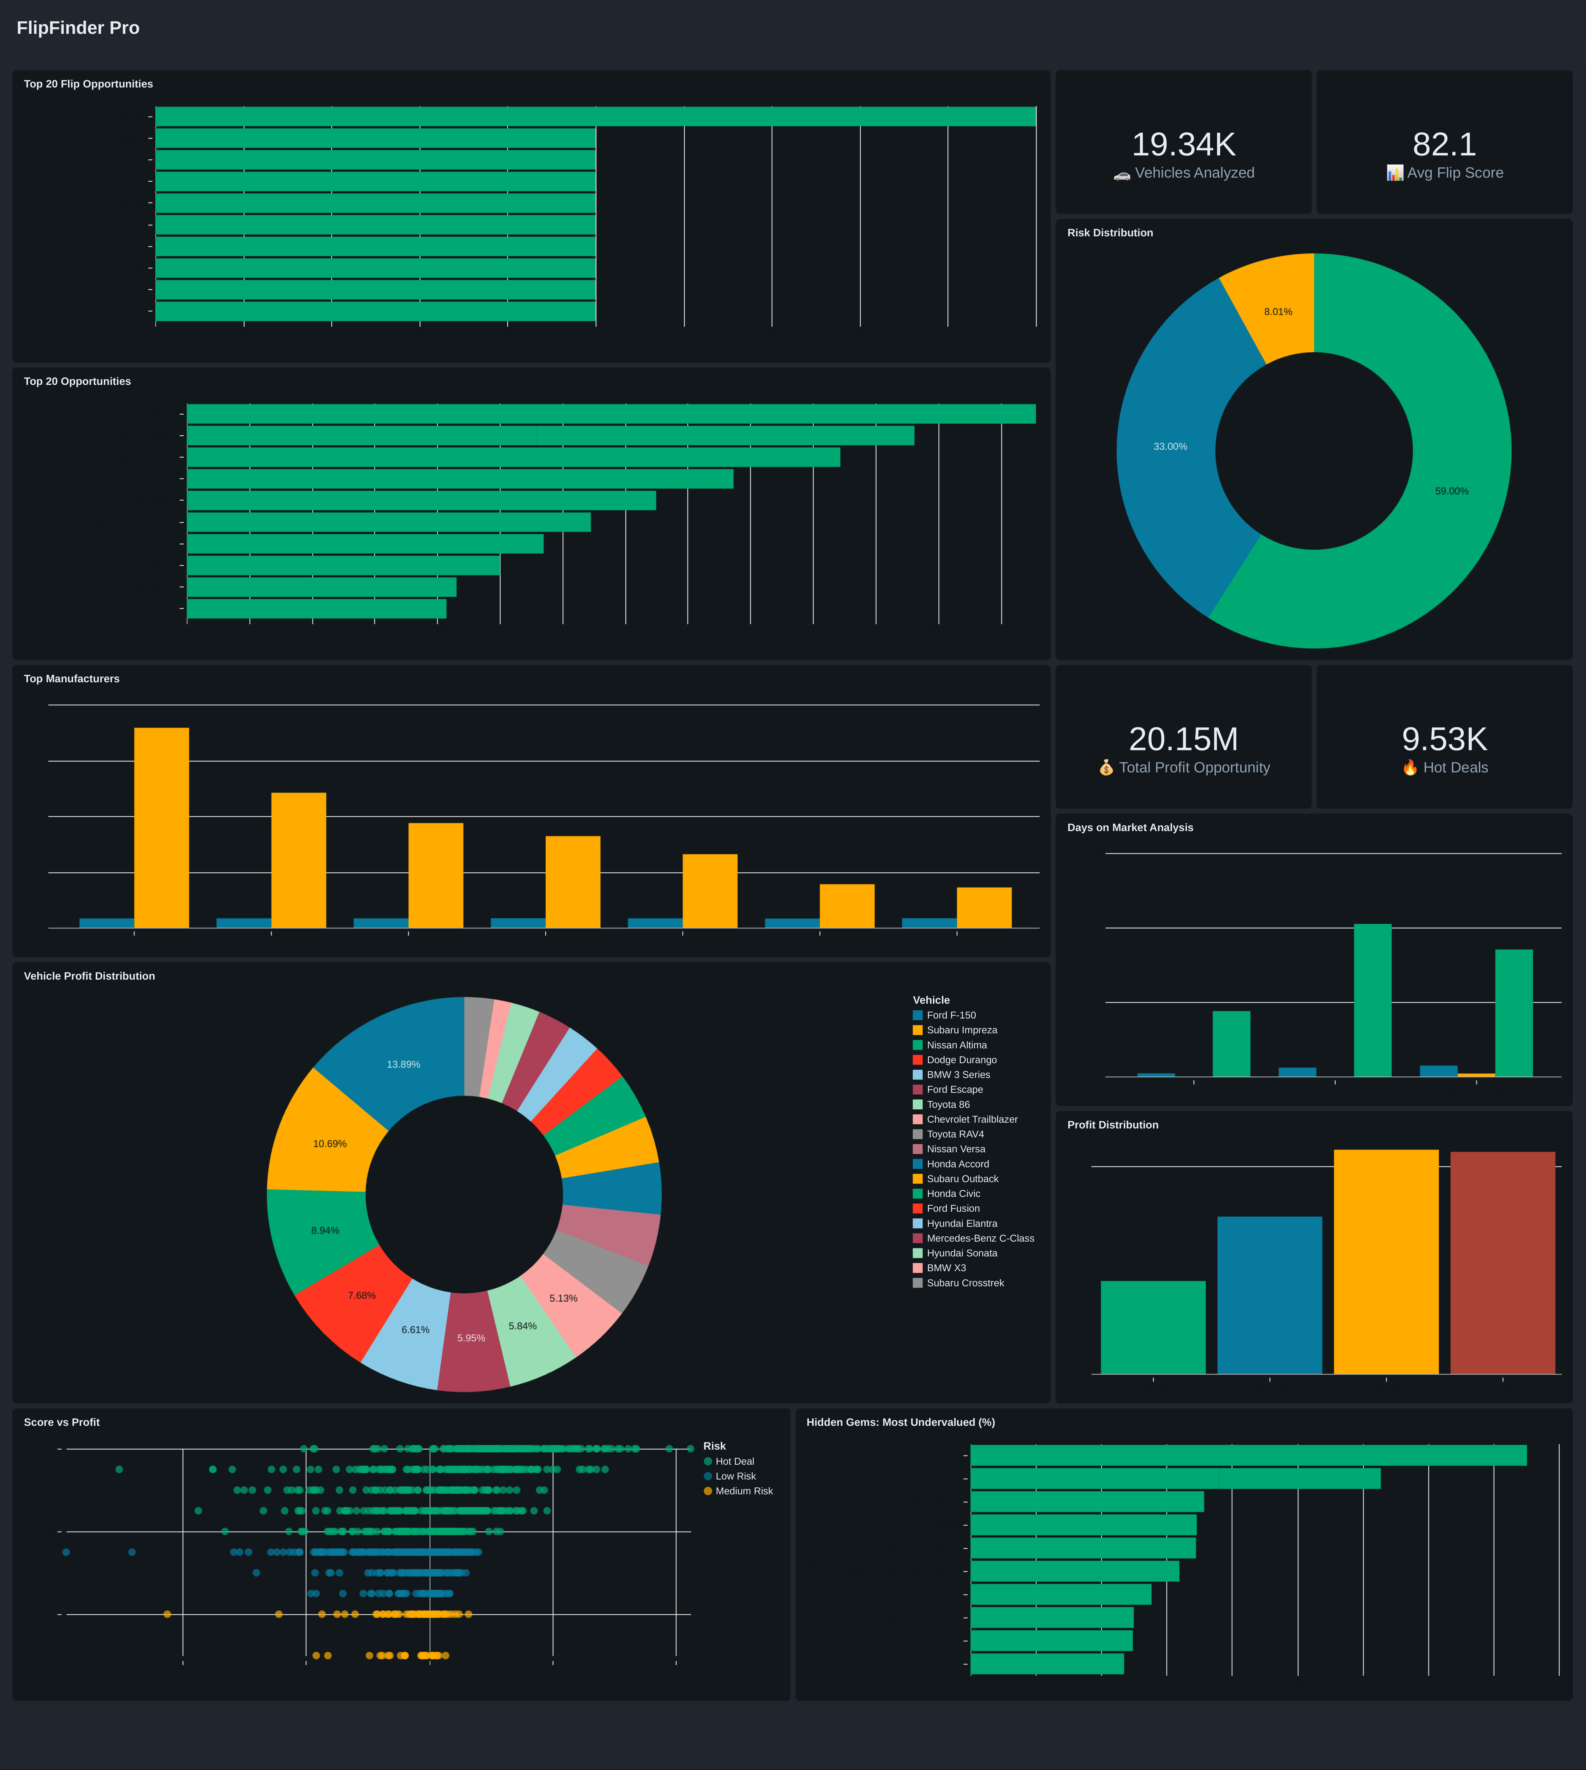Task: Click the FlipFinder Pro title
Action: pos(77,28)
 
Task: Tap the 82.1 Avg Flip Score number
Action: pos(1444,145)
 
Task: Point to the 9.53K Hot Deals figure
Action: pos(1444,739)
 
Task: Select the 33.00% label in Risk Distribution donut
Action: pos(1169,446)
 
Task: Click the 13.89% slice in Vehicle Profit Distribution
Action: pos(403,1064)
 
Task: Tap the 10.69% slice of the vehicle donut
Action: pos(329,1144)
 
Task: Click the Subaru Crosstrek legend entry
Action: pos(965,1283)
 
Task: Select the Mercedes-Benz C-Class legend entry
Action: pos(979,1238)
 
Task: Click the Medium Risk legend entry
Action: pos(743,1491)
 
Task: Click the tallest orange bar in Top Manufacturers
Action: pos(161,828)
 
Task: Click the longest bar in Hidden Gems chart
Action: pos(1248,1455)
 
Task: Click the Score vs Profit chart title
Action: pos(62,1422)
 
